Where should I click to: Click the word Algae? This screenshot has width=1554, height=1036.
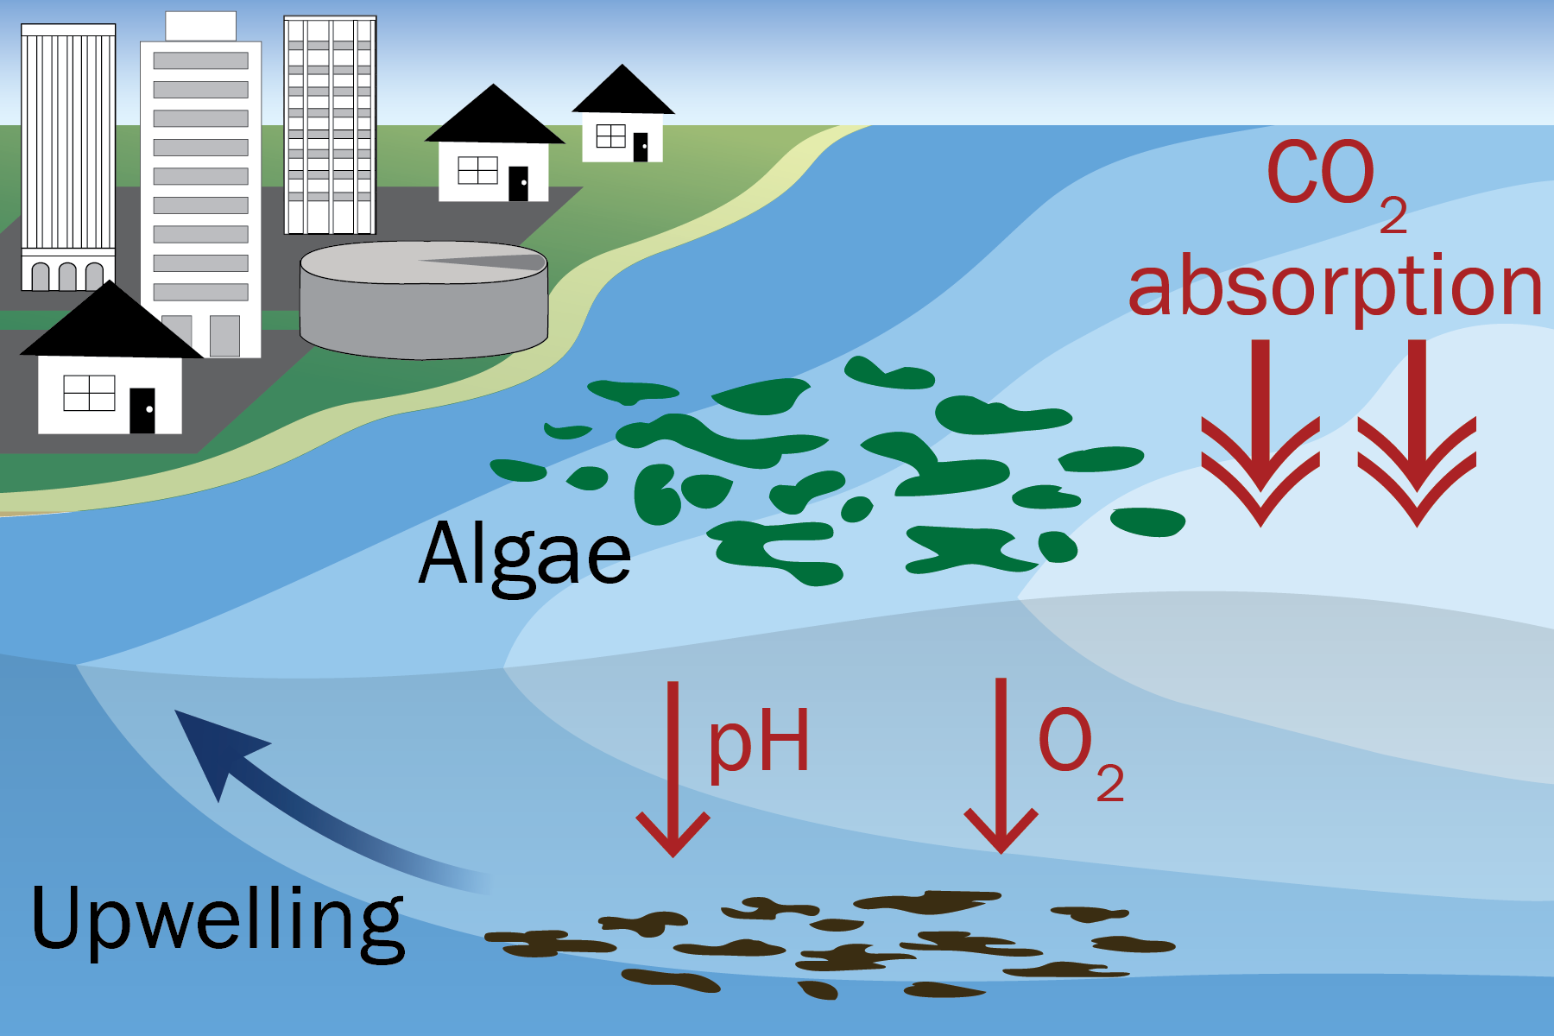tap(525, 554)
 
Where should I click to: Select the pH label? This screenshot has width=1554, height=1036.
tap(759, 741)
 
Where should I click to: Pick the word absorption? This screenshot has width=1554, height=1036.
tap(1335, 287)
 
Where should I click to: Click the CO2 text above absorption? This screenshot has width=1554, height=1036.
tap(1335, 178)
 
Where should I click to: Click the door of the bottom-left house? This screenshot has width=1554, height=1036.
tap(142, 410)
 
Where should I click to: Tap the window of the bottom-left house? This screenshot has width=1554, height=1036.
tap(89, 394)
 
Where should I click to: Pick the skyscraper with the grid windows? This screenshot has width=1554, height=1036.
tap(330, 125)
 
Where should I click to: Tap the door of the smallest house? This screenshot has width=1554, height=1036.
tap(641, 147)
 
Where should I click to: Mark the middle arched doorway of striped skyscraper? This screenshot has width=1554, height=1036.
tap(67, 276)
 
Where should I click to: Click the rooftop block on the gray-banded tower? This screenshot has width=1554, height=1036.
tap(200, 26)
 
